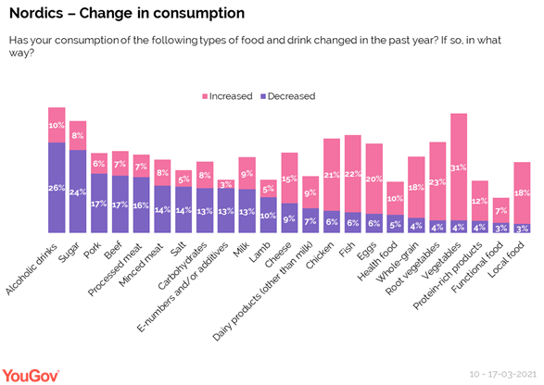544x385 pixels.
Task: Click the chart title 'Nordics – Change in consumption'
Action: [x=127, y=14]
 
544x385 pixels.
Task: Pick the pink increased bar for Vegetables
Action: [x=458, y=167]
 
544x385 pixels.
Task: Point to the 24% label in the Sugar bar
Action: [x=78, y=192]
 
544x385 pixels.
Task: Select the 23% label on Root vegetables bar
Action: [x=437, y=181]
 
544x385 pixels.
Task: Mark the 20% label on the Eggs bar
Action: [x=373, y=179]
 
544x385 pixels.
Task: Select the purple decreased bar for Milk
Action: [x=247, y=210]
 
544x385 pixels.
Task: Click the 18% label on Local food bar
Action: [x=522, y=192]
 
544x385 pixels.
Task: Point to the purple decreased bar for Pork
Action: [x=99, y=203]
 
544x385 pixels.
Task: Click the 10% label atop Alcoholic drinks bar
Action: [x=57, y=125]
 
